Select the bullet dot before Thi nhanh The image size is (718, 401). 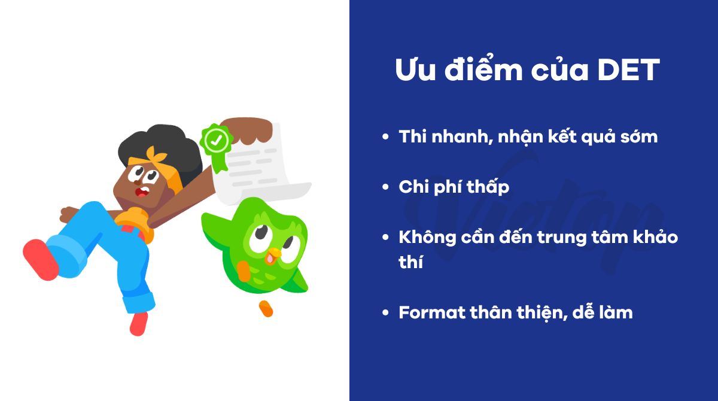(386, 137)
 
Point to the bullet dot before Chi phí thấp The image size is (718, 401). (386, 187)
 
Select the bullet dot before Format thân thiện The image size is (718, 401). (386, 312)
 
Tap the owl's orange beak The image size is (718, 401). (272, 254)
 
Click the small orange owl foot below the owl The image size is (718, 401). (265, 309)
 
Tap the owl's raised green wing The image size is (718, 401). (215, 221)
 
